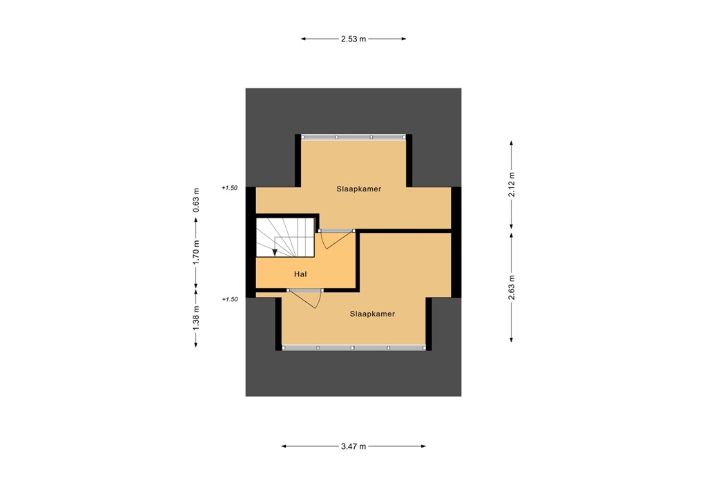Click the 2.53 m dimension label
[x=353, y=39]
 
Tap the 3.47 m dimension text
[x=353, y=446]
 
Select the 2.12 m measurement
[x=512, y=184]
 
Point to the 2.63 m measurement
[x=512, y=285]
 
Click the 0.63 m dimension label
[x=196, y=200]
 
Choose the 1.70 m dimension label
[x=196, y=253]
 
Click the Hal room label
[x=300, y=274]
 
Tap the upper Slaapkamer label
[x=359, y=188]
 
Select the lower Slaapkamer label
[x=372, y=314]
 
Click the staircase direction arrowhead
[x=275, y=252]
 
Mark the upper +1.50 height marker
[x=230, y=188]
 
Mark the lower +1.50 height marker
[x=230, y=300]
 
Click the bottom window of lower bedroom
[x=353, y=348]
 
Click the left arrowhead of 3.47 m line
[x=284, y=446]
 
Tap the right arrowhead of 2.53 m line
[x=404, y=39]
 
